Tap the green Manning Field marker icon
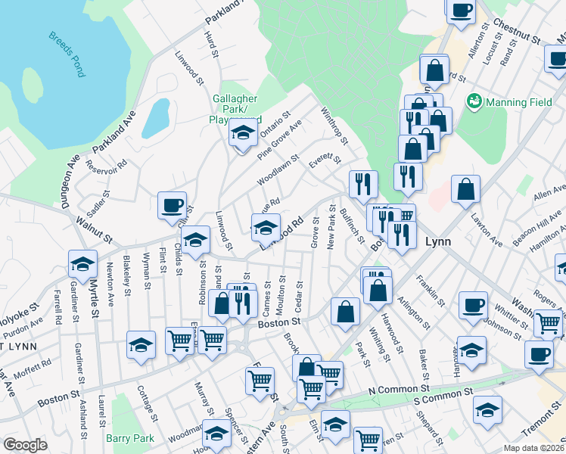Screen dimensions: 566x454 pyautogui.click(x=475, y=100)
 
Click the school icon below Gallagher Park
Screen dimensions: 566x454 pyautogui.click(x=243, y=133)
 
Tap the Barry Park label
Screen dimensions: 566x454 pyautogui.click(x=130, y=438)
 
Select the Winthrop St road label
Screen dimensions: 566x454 pyautogui.click(x=334, y=126)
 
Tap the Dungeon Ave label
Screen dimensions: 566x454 pyautogui.click(x=73, y=173)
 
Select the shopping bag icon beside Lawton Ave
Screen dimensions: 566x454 pyautogui.click(x=467, y=189)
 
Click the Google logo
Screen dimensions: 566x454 pyautogui.click(x=25, y=445)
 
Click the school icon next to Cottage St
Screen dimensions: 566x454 pyautogui.click(x=141, y=346)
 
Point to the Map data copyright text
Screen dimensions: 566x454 pyautogui.click(x=534, y=448)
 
